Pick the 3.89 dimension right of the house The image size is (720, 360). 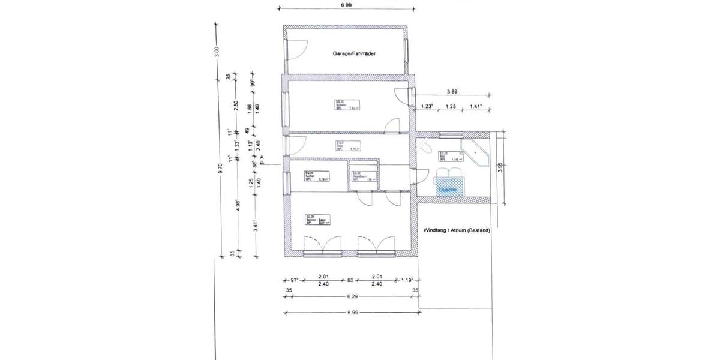(453, 92)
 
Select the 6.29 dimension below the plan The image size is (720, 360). (353, 297)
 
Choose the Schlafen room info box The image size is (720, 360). (347, 105)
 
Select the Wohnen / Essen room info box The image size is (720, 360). (318, 220)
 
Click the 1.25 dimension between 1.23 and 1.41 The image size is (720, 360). (451, 106)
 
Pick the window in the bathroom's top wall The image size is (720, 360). (449, 135)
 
